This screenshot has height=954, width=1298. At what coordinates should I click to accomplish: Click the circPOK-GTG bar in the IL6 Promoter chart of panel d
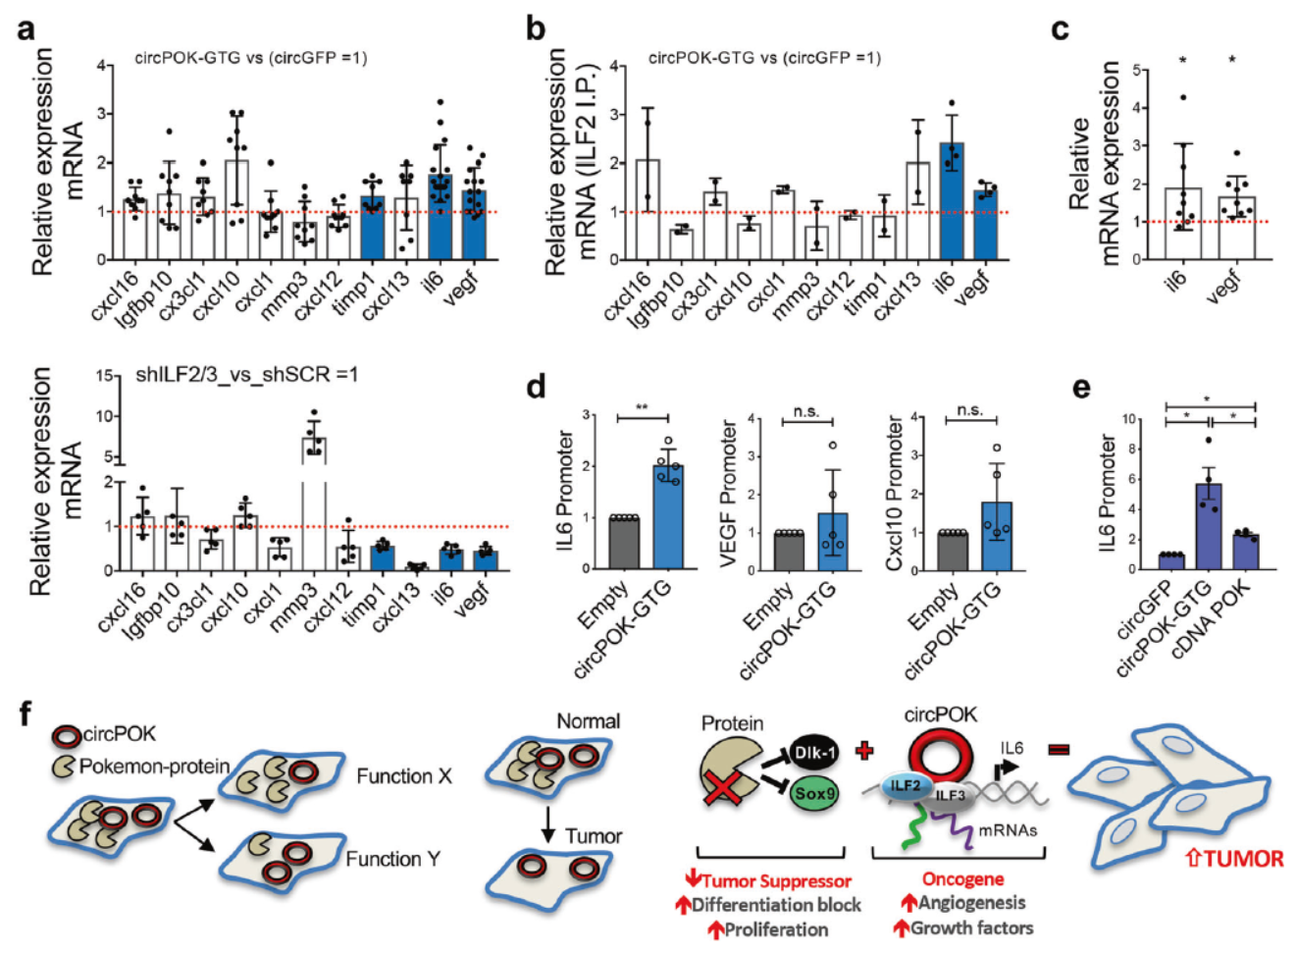669,517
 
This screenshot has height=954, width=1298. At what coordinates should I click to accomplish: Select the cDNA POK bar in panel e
1245,552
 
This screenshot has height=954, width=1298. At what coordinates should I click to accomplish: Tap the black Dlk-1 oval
814,753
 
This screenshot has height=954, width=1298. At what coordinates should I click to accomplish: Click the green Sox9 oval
815,793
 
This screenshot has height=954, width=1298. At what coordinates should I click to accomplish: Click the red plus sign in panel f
864,751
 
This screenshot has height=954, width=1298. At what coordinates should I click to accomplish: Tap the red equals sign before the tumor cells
1059,751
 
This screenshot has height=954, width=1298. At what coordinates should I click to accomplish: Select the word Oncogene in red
962,878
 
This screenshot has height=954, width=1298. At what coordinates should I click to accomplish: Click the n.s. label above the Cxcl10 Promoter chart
970,410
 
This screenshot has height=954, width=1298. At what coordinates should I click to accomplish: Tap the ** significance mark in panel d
643,407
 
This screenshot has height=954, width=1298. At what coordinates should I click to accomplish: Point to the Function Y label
392,859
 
